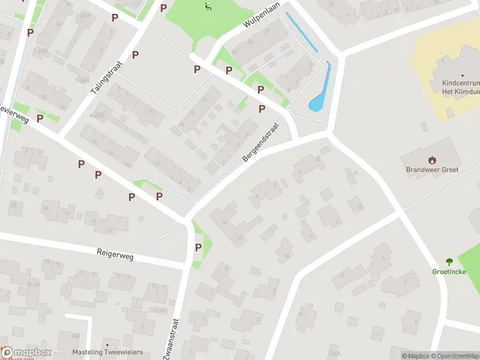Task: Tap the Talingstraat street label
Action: click(106, 79)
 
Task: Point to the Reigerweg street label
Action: click(115, 255)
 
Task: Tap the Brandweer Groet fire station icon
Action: click(432, 160)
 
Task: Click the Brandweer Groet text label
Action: click(432, 170)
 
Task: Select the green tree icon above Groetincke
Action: click(449, 261)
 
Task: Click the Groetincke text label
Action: click(449, 271)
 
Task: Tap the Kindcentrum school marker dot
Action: click(463, 76)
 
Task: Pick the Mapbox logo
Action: click(27, 352)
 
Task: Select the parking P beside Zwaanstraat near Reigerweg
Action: click(198, 247)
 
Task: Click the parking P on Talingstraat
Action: click(136, 55)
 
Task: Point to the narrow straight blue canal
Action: click(302, 32)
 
